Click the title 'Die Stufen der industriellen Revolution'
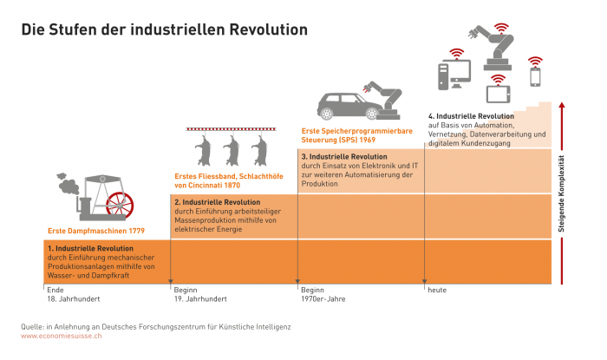pyautogui.click(x=164, y=29)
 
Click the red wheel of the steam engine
pyautogui.click(x=119, y=204)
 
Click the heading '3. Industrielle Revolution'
pyautogui.click(x=345, y=155)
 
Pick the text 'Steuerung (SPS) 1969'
pyautogui.click(x=340, y=139)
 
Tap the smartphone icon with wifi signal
pyautogui.click(x=534, y=75)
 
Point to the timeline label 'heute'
pyautogui.click(x=436, y=290)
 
